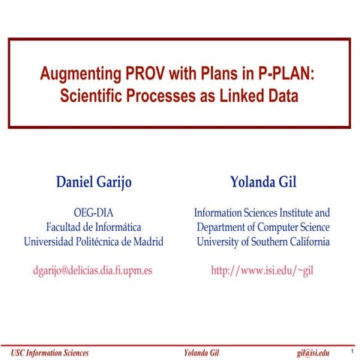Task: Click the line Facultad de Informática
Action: (94, 227)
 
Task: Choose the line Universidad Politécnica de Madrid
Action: (94, 241)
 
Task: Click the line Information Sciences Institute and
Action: (261, 213)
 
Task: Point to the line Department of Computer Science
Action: (261, 227)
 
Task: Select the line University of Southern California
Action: (261, 241)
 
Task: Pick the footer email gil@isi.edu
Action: (313, 352)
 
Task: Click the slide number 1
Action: (351, 350)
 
